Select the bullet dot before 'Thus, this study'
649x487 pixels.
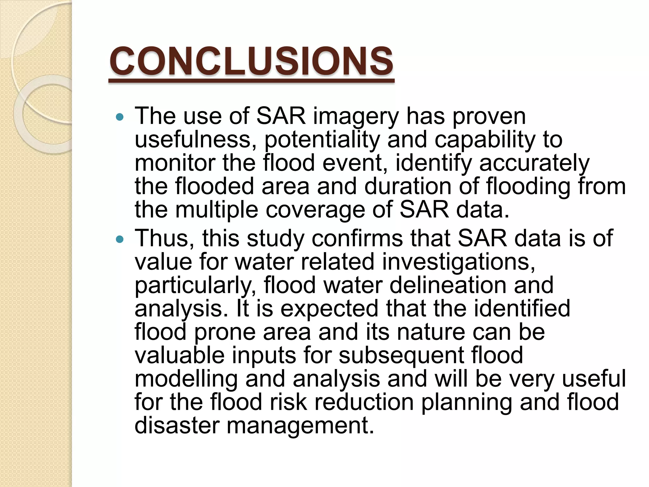click(x=119, y=239)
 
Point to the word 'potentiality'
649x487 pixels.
click(x=322, y=140)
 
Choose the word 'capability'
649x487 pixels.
click(x=485, y=140)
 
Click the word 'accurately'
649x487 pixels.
click(x=534, y=163)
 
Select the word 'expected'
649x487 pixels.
click(x=329, y=309)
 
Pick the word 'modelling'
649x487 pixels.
click(x=186, y=379)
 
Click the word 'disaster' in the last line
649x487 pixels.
click(x=177, y=425)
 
